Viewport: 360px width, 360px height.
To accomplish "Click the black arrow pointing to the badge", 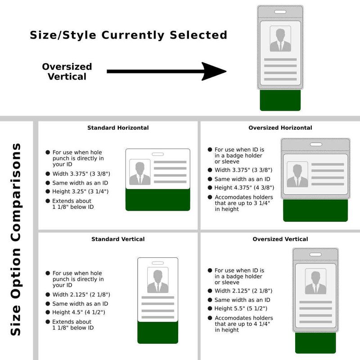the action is pos(166,72).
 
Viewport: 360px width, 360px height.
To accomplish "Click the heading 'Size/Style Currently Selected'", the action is pos(129,36).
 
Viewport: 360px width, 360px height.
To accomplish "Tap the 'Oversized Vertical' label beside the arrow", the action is pos(67,72).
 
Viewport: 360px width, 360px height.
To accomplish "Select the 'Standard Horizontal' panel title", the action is pos(118,128).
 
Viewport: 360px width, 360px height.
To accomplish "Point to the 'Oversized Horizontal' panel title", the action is pos(280,128).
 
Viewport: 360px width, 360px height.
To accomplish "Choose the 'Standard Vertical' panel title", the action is pos(118,239).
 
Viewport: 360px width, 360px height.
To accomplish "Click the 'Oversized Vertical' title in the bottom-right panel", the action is pos(280,239).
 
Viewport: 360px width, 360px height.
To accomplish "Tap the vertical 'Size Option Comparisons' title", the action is pos(16,239).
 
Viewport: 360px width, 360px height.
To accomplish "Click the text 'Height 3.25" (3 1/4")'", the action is pos(81,192).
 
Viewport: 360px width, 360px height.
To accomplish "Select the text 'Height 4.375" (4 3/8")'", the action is pos(244,188).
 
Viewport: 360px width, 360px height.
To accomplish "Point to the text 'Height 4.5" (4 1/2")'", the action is pos(79,312).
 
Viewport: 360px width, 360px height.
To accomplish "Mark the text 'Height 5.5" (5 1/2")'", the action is pos(241,309).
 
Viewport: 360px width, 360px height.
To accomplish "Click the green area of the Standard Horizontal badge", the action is pos(158,200).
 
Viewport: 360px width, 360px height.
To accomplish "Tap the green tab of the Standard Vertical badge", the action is pos(158,333).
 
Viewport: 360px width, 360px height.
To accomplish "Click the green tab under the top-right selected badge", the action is pos(280,100).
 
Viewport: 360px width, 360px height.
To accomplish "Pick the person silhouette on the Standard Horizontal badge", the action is pos(140,173).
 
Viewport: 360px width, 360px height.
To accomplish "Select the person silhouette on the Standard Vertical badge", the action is pos(158,281).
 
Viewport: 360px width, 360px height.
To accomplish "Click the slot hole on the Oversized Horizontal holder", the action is pos(316,144).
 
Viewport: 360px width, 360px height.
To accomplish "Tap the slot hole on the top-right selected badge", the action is pos(280,12).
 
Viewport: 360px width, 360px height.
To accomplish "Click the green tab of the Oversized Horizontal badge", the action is pos(315,211).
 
